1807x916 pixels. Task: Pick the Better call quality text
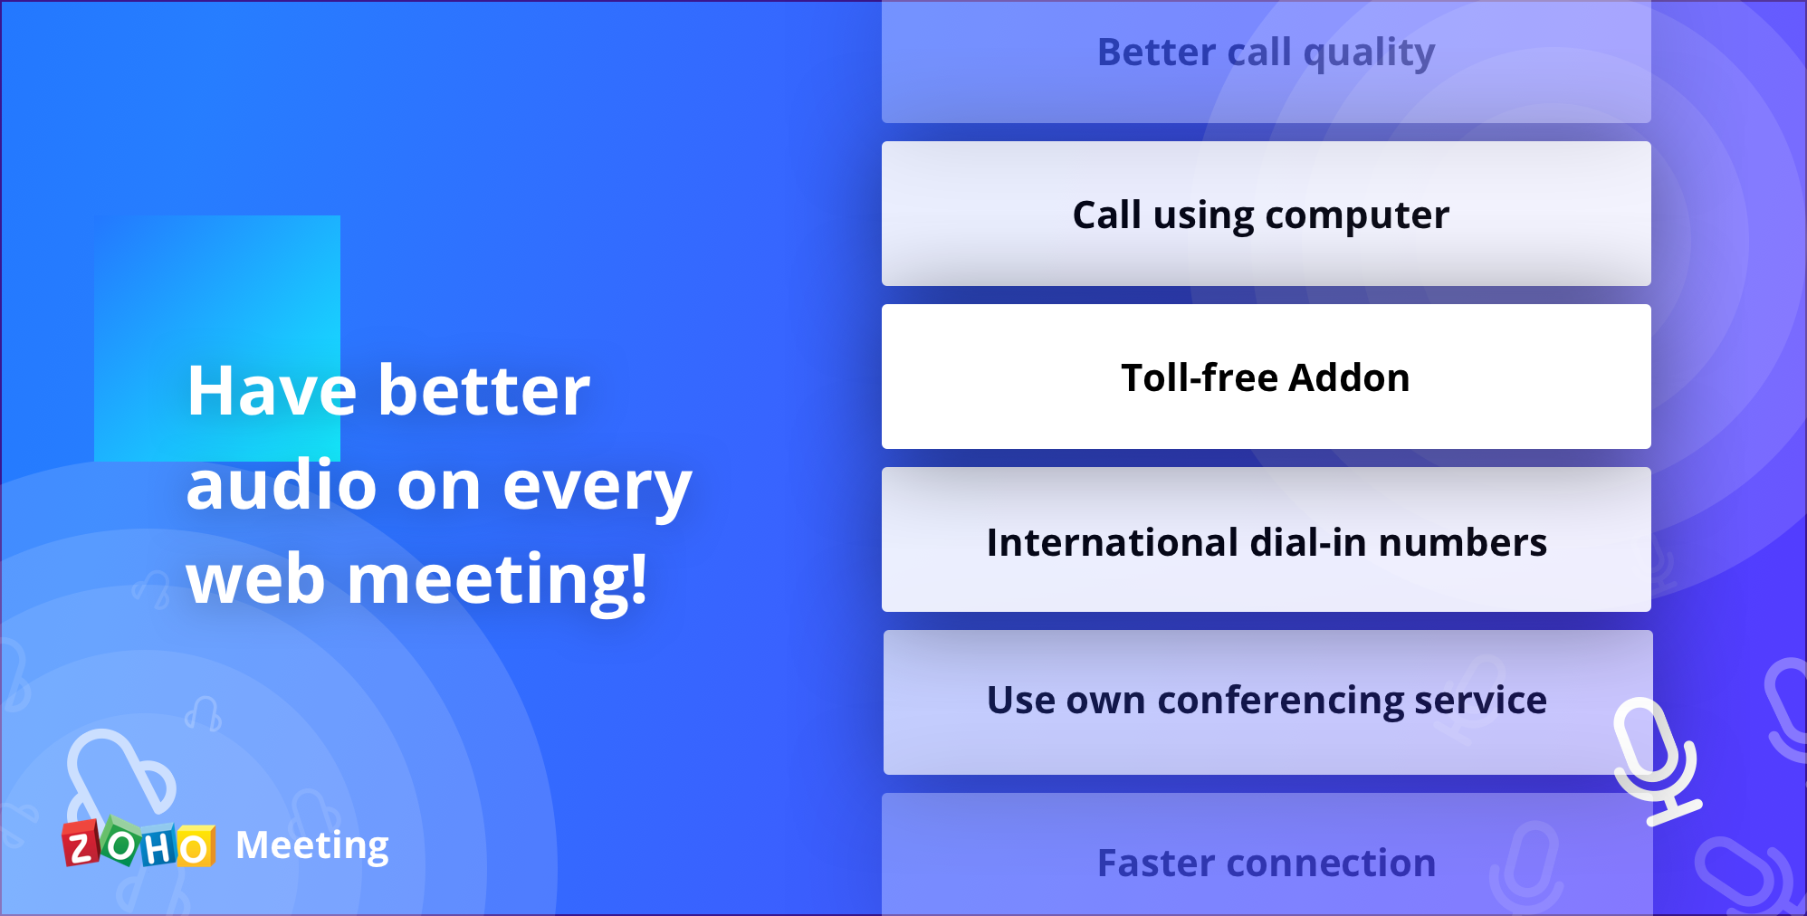coord(1266,52)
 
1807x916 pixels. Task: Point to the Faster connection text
coord(1266,864)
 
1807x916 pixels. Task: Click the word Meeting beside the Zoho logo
coord(311,846)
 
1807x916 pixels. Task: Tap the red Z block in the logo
coord(81,846)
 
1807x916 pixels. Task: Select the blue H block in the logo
coord(158,848)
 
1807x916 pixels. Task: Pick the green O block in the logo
coord(120,844)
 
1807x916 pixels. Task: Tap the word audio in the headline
coord(281,485)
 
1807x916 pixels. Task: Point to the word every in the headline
coord(597,487)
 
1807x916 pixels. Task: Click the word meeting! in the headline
coord(498,579)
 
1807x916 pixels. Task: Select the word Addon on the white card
coord(1349,378)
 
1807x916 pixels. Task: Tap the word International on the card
coord(1112,543)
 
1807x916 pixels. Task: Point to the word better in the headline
coord(483,391)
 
